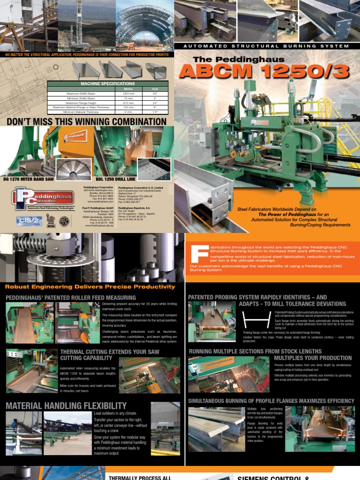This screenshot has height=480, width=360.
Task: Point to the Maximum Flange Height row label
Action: click(74, 102)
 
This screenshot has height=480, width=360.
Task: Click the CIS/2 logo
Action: click(29, 221)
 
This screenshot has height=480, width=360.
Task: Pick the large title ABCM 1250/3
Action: click(264, 71)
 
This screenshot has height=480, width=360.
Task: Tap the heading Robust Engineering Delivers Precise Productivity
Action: click(90, 286)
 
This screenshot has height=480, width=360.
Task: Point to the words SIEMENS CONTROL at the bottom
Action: click(272, 477)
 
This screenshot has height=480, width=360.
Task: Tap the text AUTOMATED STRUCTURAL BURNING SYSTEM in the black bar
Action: click(266, 46)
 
